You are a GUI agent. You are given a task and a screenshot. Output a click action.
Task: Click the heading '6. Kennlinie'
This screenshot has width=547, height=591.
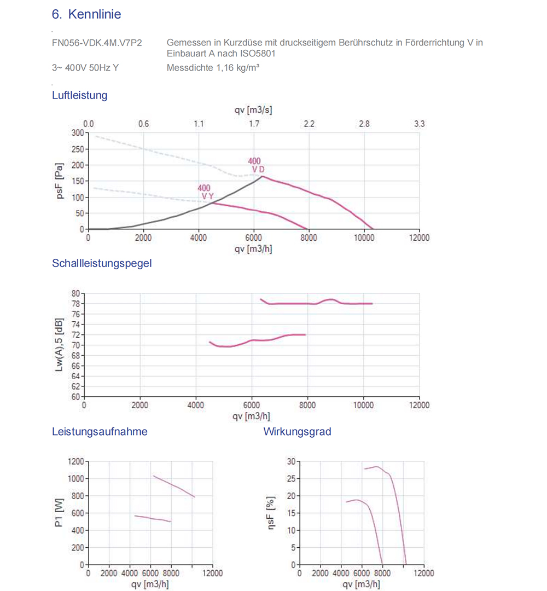[86, 14]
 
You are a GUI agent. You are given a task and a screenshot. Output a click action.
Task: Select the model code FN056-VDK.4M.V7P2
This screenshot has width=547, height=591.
[97, 43]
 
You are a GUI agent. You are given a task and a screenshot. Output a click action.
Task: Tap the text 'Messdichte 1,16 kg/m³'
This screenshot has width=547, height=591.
[213, 68]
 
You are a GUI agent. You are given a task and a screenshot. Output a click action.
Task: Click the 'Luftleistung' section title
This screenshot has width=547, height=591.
[79, 95]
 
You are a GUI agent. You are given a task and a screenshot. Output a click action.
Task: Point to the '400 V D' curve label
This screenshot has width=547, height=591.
[256, 165]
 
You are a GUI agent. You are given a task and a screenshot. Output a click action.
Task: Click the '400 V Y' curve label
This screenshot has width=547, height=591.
[206, 192]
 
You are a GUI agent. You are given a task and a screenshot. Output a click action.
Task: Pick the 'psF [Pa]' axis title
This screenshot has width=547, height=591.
[59, 181]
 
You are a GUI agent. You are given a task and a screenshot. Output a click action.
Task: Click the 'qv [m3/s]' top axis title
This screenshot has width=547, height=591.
[253, 109]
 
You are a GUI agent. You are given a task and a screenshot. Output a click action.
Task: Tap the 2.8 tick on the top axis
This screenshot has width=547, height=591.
[364, 124]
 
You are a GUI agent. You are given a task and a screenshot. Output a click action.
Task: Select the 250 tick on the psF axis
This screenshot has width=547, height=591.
[78, 149]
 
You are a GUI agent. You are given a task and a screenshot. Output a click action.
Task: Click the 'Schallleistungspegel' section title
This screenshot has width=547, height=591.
[102, 263]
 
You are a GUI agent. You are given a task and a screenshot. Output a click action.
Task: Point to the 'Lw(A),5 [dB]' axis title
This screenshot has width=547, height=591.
[59, 345]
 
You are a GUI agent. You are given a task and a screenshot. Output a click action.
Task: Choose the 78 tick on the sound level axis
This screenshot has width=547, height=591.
[75, 304]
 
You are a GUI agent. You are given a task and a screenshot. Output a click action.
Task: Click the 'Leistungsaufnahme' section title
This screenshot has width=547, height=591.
[100, 432]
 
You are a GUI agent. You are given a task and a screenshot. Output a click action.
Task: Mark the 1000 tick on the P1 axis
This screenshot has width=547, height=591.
[75, 479]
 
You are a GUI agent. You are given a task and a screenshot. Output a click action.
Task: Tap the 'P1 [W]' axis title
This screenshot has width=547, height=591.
[59, 513]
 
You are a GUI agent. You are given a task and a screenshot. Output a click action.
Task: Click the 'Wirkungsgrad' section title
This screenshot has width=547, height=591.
[297, 432]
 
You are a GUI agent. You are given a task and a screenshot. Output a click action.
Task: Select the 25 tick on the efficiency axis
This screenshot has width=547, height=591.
[291, 479]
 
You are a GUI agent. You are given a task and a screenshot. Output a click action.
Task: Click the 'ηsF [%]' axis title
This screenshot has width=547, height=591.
[270, 513]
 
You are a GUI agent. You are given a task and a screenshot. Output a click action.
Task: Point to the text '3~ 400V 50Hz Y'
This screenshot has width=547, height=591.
[85, 68]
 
